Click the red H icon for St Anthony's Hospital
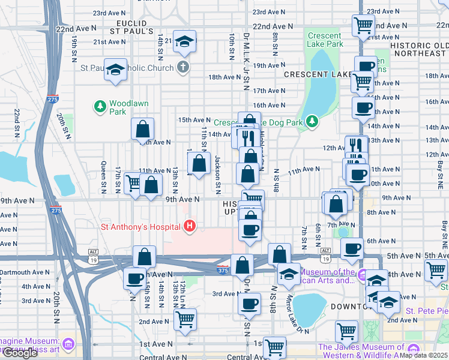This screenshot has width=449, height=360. [x=190, y=227]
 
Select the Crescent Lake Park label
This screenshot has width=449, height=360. [x=325, y=40]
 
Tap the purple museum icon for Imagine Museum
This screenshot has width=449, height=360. [x=68, y=345]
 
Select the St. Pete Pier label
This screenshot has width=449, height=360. [x=427, y=311]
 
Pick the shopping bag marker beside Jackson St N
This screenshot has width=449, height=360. [x=199, y=163]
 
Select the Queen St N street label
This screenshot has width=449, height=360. [x=104, y=178]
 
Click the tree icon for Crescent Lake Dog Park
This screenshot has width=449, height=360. [x=312, y=122]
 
